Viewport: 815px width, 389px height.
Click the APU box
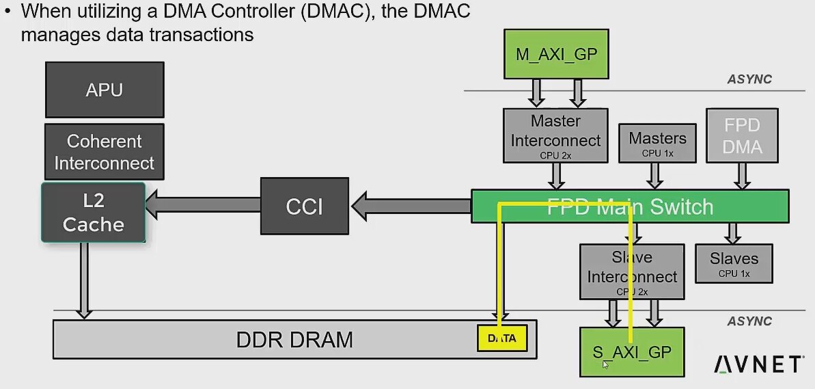click(105, 90)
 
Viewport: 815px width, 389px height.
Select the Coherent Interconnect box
click(105, 152)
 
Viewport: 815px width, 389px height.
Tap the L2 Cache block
click(93, 212)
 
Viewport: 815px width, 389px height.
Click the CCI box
click(304, 206)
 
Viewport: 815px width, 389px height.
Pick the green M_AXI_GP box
click(556, 54)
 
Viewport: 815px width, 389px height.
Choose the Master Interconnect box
click(555, 135)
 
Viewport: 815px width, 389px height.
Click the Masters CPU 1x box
click(657, 143)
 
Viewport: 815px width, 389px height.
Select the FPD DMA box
click(742, 135)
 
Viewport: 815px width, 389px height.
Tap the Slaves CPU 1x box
click(734, 264)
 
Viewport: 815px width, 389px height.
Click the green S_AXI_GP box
click(632, 352)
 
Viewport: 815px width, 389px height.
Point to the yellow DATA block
click(502, 338)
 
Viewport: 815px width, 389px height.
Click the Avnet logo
click(758, 364)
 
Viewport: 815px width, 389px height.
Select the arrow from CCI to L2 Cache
click(203, 204)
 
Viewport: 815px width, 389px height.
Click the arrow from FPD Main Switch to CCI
click(411, 206)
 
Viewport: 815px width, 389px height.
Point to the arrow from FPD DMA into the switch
click(742, 176)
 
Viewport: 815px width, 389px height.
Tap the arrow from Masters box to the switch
click(654, 176)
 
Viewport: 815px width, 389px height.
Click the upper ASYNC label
click(749, 79)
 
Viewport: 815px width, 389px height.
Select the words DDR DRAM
click(294, 340)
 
